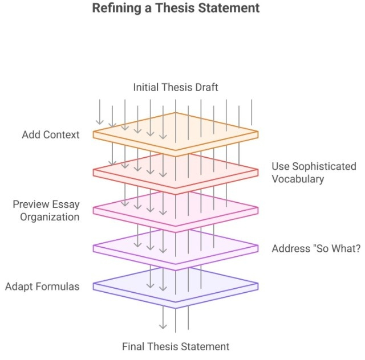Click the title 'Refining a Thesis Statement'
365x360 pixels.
pos(176,9)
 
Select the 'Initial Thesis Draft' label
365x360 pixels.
pos(176,87)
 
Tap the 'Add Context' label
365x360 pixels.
pos(51,135)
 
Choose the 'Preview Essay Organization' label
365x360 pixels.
pos(47,211)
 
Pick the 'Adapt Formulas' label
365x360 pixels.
pos(43,286)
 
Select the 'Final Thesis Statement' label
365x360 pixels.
pos(176,346)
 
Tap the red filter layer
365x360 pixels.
pos(240,170)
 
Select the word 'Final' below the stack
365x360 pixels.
pos(133,346)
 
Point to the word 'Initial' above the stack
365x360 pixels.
pos(145,87)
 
